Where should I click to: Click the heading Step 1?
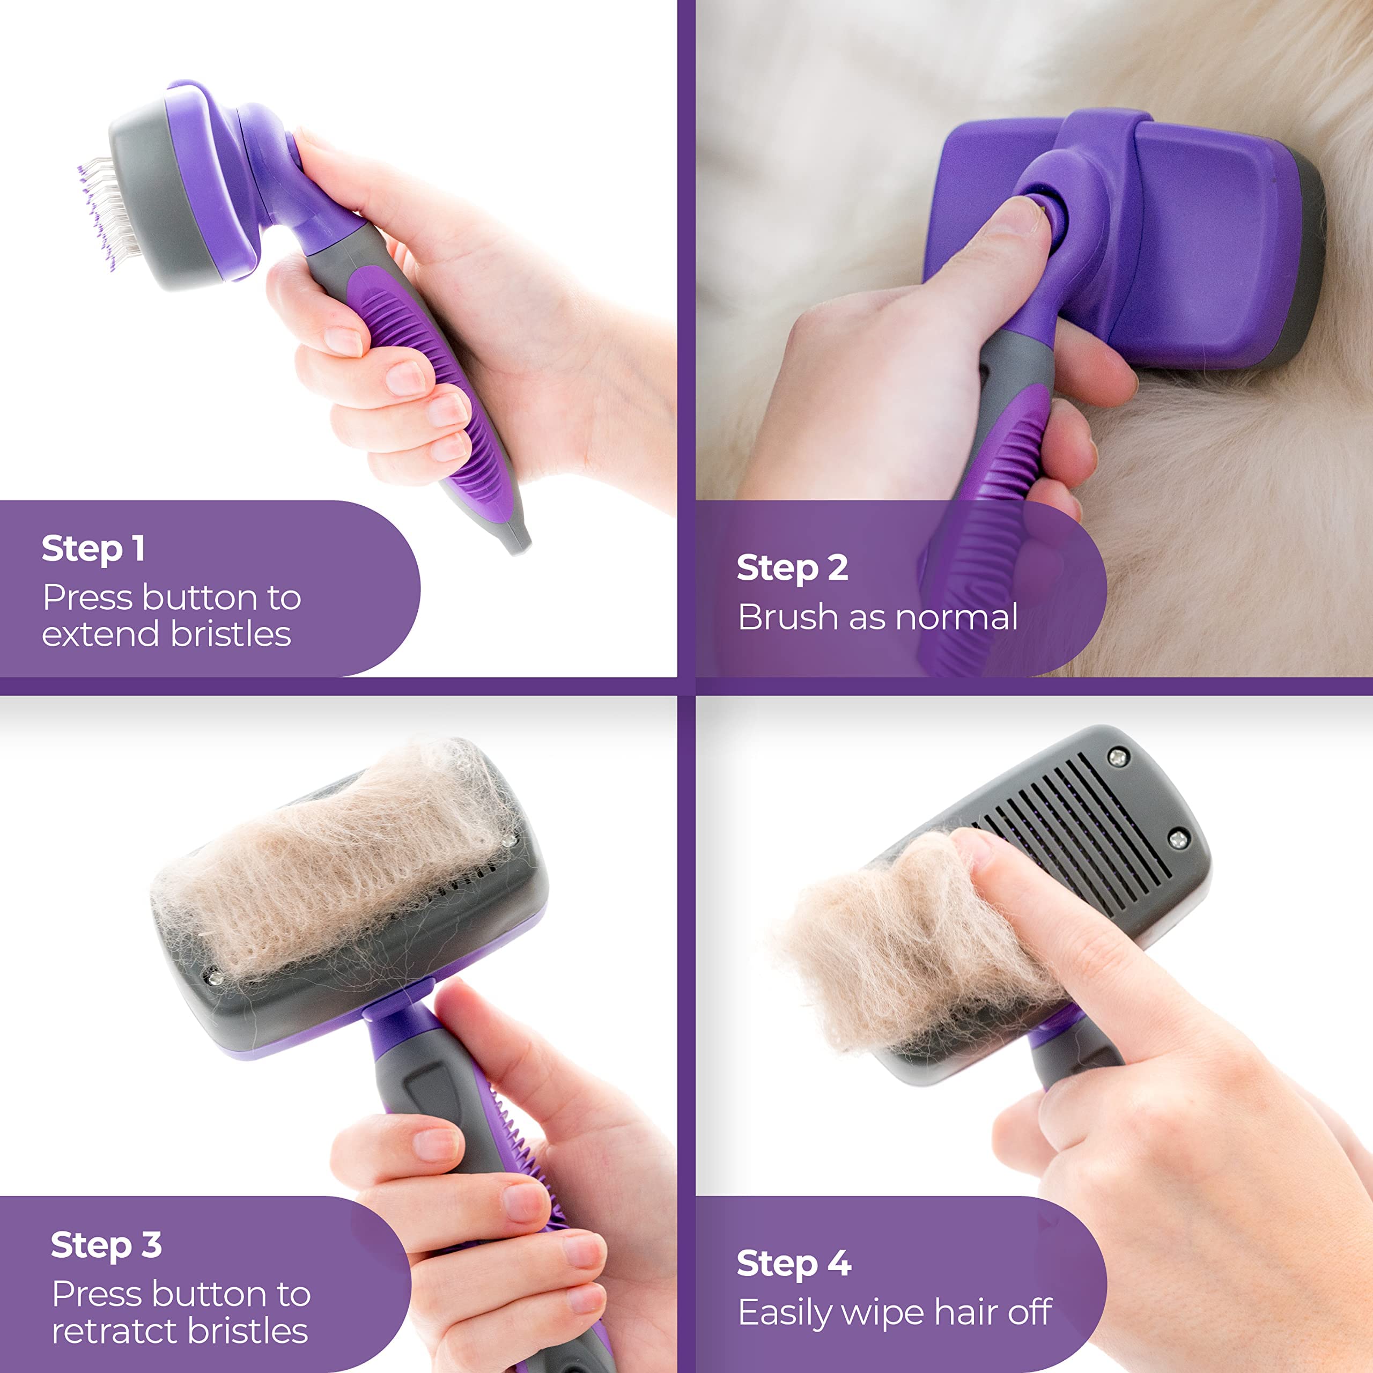[93, 549]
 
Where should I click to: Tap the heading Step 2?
[792, 569]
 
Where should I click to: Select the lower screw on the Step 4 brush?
[1178, 839]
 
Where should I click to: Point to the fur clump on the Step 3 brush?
[341, 867]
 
